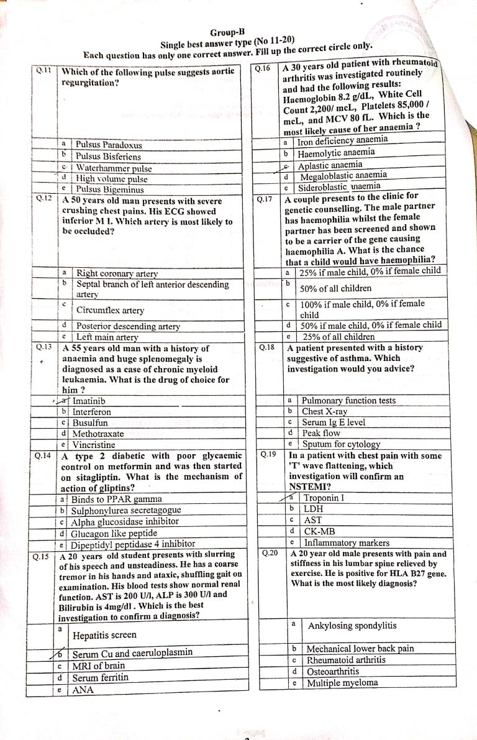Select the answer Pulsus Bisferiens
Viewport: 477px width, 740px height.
(108, 157)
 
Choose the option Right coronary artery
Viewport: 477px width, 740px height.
(117, 273)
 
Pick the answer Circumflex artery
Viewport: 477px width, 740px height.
(110, 310)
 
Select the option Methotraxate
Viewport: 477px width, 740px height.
(98, 433)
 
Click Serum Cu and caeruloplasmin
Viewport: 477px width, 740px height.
(132, 654)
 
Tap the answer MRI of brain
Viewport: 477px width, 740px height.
(99, 665)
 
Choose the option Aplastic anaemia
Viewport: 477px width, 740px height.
(330, 165)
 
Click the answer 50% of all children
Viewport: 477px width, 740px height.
(336, 288)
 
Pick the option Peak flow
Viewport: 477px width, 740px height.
(321, 432)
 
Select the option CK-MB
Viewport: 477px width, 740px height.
(317, 531)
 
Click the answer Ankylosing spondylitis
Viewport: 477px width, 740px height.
(352, 626)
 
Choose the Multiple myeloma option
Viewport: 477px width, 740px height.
(342, 682)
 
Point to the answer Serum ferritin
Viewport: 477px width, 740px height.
(101, 677)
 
